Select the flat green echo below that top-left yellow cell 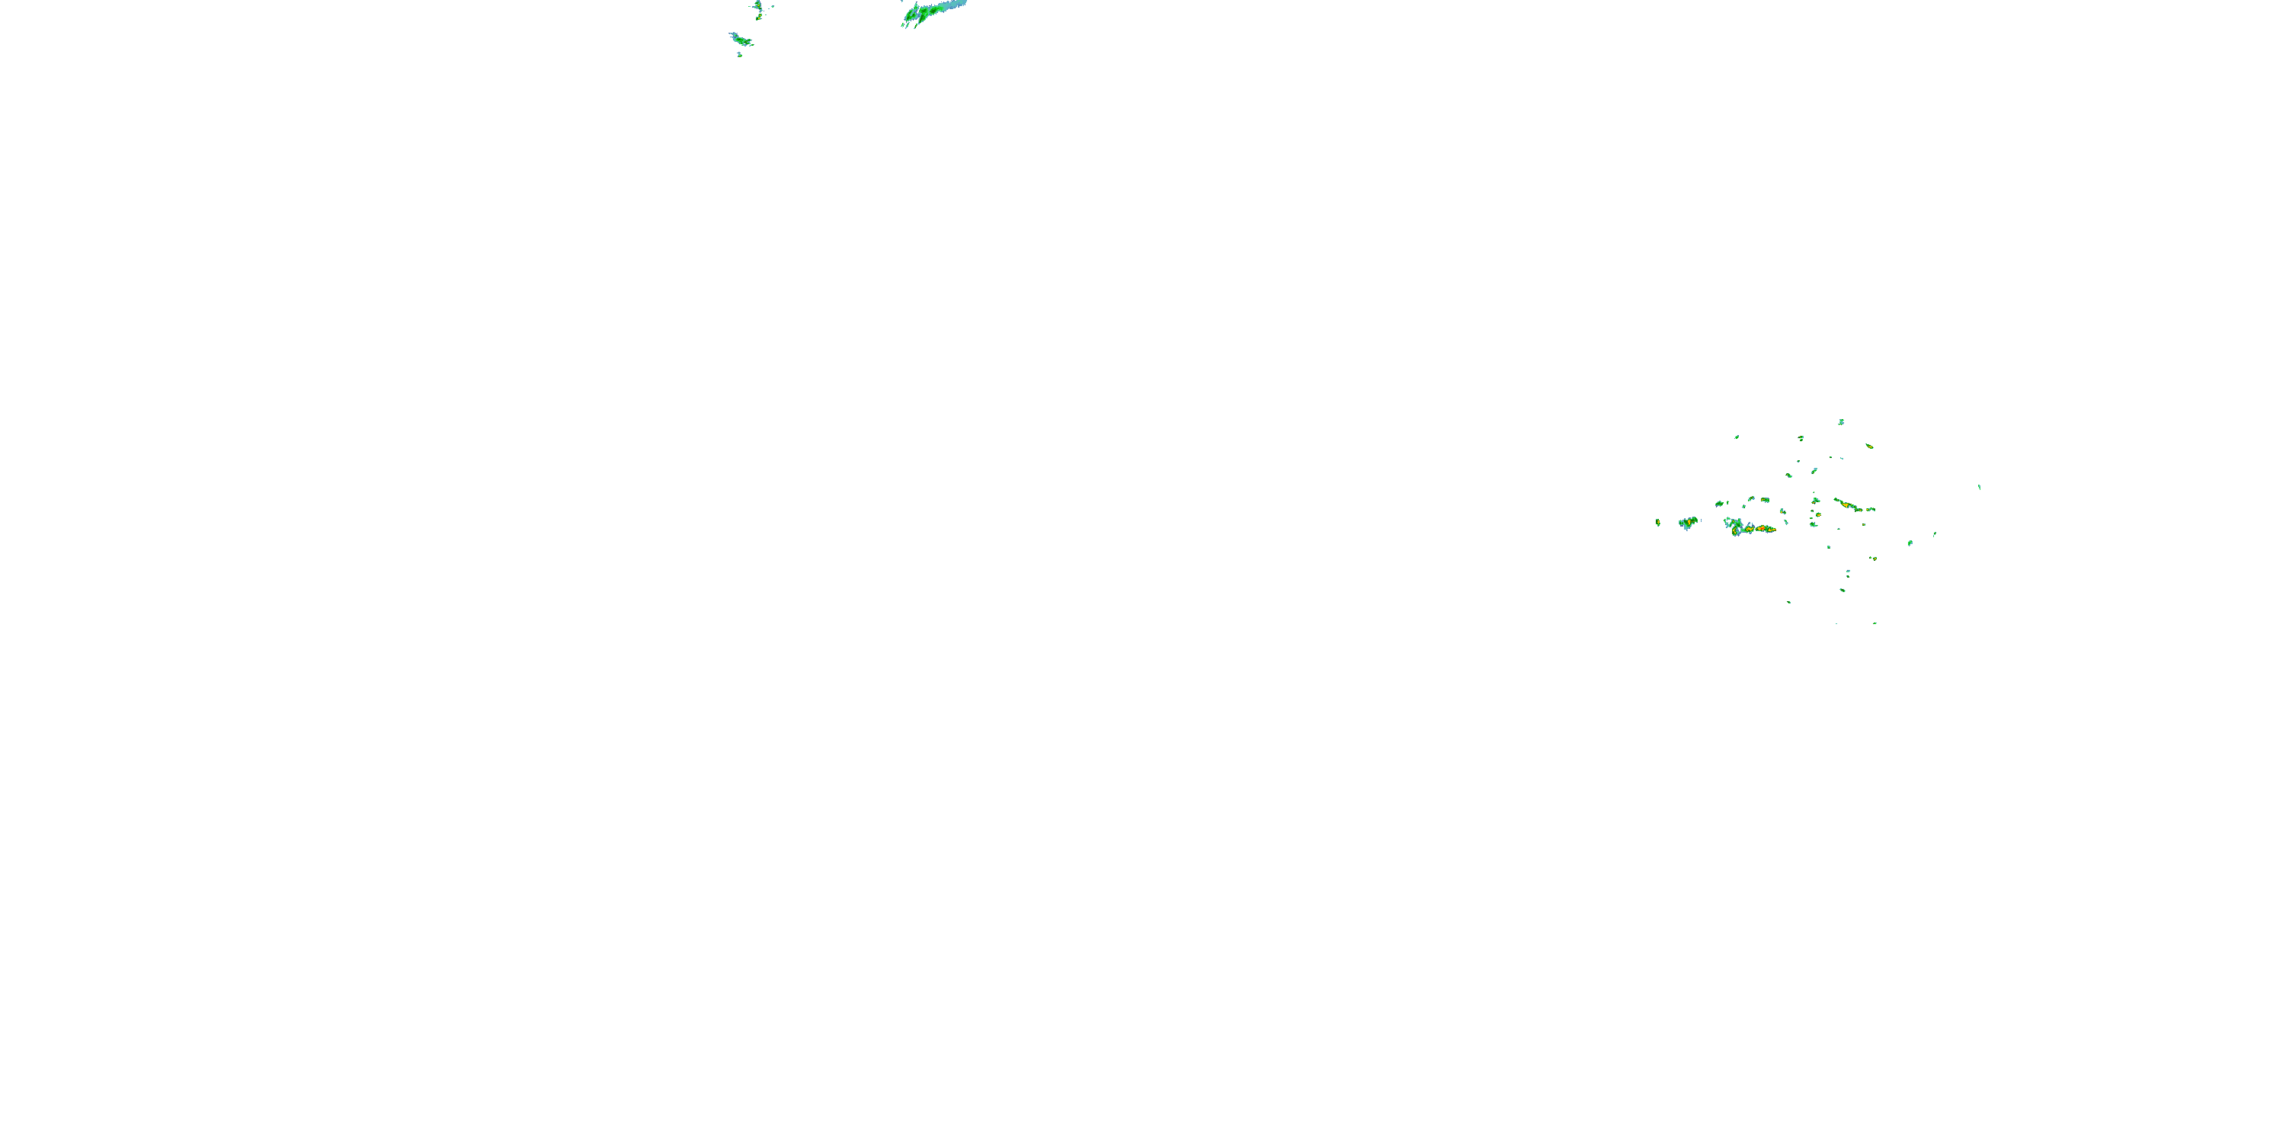point(740,39)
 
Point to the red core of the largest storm point(1759,529)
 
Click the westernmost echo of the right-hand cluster point(1657,523)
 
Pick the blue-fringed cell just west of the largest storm point(1687,523)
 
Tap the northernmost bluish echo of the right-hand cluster point(1842,421)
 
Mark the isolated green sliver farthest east point(1979,486)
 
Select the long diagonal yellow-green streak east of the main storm point(1849,505)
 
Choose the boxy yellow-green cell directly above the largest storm point(1752,499)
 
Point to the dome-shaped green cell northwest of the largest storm point(1720,503)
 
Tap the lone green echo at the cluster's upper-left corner point(1737,437)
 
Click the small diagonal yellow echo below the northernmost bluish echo point(1869,446)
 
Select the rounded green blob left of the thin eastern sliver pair point(1910,543)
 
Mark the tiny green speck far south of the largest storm point(1788,603)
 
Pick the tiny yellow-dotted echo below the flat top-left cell point(739,55)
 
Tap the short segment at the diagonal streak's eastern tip point(1871,509)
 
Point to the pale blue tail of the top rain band point(953,5)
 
